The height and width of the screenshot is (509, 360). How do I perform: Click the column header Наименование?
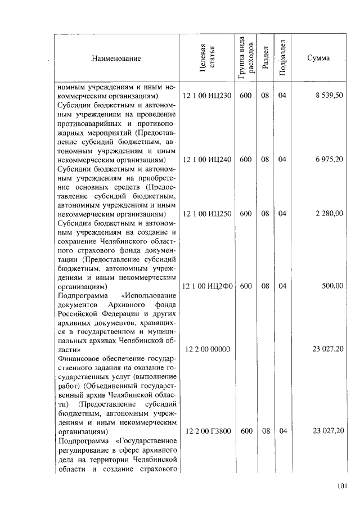click(x=117, y=58)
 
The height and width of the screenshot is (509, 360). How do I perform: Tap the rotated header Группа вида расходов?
click(x=245, y=58)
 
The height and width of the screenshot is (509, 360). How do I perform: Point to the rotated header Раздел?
click(x=265, y=58)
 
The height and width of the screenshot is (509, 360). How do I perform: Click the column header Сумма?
click(x=318, y=58)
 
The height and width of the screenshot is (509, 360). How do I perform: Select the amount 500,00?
click(x=332, y=286)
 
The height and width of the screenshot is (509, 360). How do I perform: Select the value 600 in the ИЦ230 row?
click(x=245, y=96)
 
